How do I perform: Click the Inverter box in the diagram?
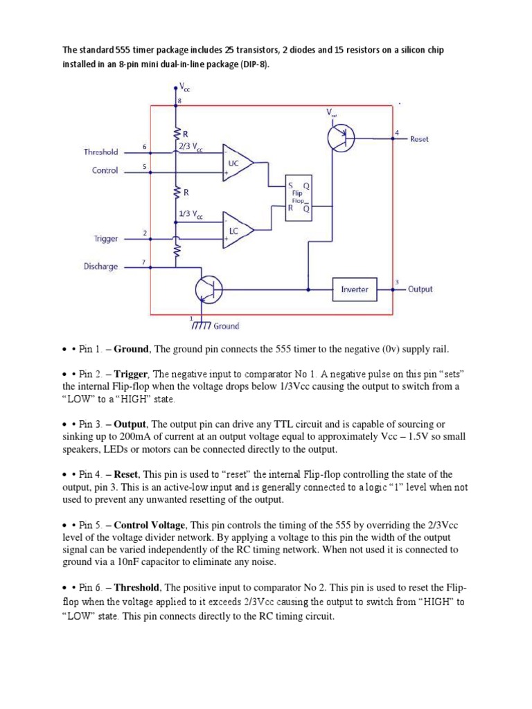point(354,289)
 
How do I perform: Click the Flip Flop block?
point(299,198)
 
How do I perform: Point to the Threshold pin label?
point(100,152)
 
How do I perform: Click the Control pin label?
point(105,170)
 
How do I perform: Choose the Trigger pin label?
point(106,238)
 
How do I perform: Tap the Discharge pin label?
point(100,267)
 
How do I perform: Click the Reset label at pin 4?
point(419,139)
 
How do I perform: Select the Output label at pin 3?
point(420,289)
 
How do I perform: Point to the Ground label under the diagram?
point(227,325)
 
